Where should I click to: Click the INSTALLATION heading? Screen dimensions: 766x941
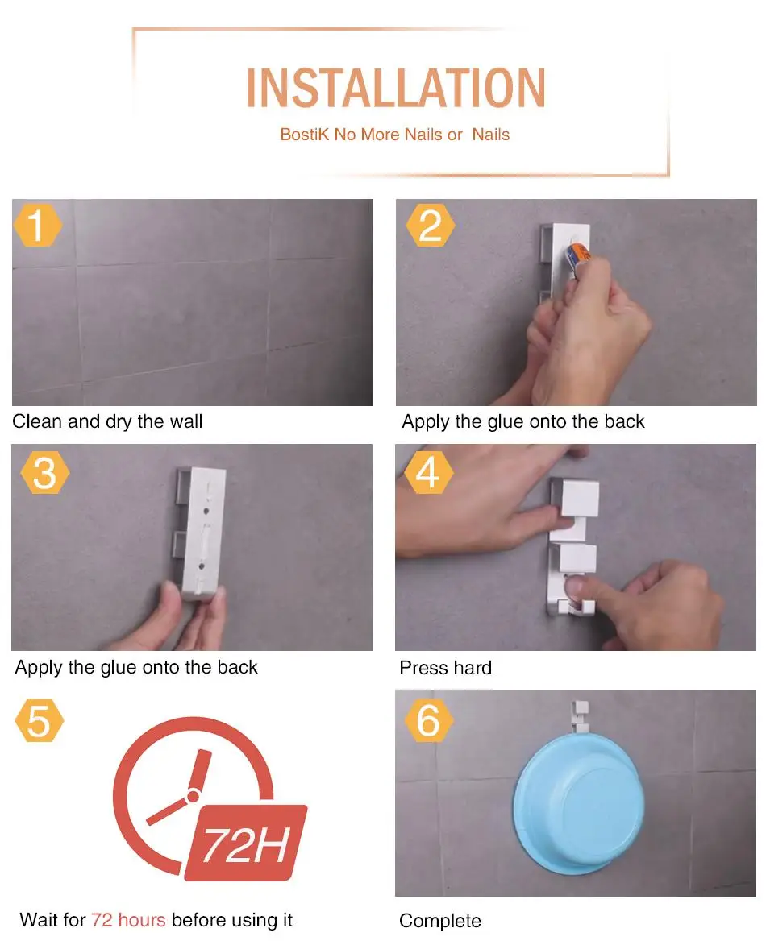pos(396,88)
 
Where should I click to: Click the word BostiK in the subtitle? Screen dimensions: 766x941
pos(305,135)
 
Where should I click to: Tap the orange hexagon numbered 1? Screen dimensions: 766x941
pos(37,225)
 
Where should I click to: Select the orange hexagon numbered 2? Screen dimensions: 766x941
pos(430,225)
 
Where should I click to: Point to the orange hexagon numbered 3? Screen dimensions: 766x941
pos(44,473)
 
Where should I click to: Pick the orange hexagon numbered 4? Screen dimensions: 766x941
pos(428,472)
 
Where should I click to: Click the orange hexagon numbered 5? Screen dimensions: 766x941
pos(39,720)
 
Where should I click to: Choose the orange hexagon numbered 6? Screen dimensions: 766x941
pos(428,720)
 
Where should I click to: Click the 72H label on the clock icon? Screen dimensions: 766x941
pos(246,843)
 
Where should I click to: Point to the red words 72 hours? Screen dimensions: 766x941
pos(128,919)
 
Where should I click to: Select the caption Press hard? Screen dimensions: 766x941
pos(446,667)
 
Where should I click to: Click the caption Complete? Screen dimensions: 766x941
pos(440,921)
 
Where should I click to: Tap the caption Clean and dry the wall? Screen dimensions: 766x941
pos(107,421)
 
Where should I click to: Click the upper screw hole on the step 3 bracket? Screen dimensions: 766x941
pos(206,512)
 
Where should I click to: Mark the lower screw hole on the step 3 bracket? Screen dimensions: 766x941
pos(202,566)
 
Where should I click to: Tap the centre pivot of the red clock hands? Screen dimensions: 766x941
pos(193,796)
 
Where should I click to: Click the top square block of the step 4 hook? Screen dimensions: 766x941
pos(578,498)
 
